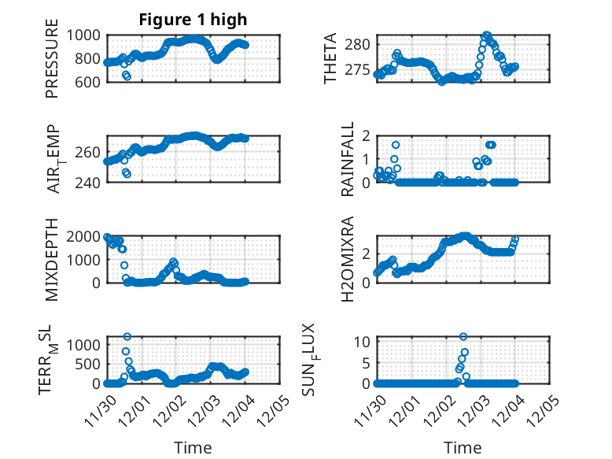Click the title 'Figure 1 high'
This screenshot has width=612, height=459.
tap(193, 20)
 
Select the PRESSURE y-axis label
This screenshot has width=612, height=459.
tap(52, 63)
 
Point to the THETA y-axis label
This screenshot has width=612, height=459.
tap(330, 59)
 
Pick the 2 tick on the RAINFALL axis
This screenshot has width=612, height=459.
tap(365, 135)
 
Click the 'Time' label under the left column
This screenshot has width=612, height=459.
tap(193, 447)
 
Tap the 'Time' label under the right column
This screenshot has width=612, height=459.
tap(463, 447)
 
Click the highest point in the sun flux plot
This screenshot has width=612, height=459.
tap(463, 337)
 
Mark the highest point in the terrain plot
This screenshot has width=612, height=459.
tap(127, 336)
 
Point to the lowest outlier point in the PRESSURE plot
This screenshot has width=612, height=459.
tap(127, 76)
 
